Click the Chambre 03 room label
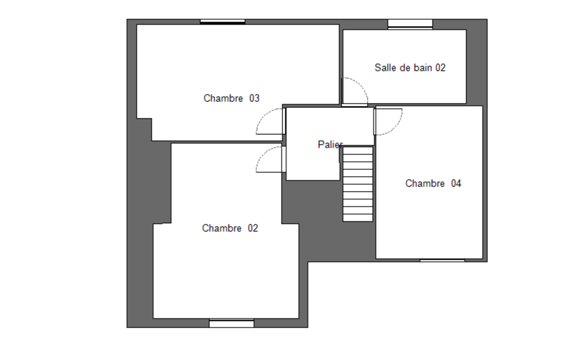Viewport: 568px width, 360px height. tap(232, 98)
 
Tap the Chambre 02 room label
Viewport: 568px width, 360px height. tap(230, 228)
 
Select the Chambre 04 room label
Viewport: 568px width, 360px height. tap(433, 183)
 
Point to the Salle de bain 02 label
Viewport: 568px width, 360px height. tap(410, 68)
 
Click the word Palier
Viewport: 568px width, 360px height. tap(330, 145)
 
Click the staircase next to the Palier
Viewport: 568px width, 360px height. tap(358, 184)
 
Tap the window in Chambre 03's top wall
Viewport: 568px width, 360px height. tap(223, 22)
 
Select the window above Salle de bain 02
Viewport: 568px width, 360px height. tap(411, 24)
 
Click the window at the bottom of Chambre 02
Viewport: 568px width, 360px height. tap(232, 323)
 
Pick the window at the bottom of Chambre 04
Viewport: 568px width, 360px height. tap(442, 260)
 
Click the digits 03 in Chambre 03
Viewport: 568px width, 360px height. tap(254, 98)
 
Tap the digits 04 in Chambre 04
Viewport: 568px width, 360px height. tap(456, 183)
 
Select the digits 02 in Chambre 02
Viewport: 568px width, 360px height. tap(253, 228)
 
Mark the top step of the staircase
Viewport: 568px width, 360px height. tap(358, 150)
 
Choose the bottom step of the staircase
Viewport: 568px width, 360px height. tap(358, 218)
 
